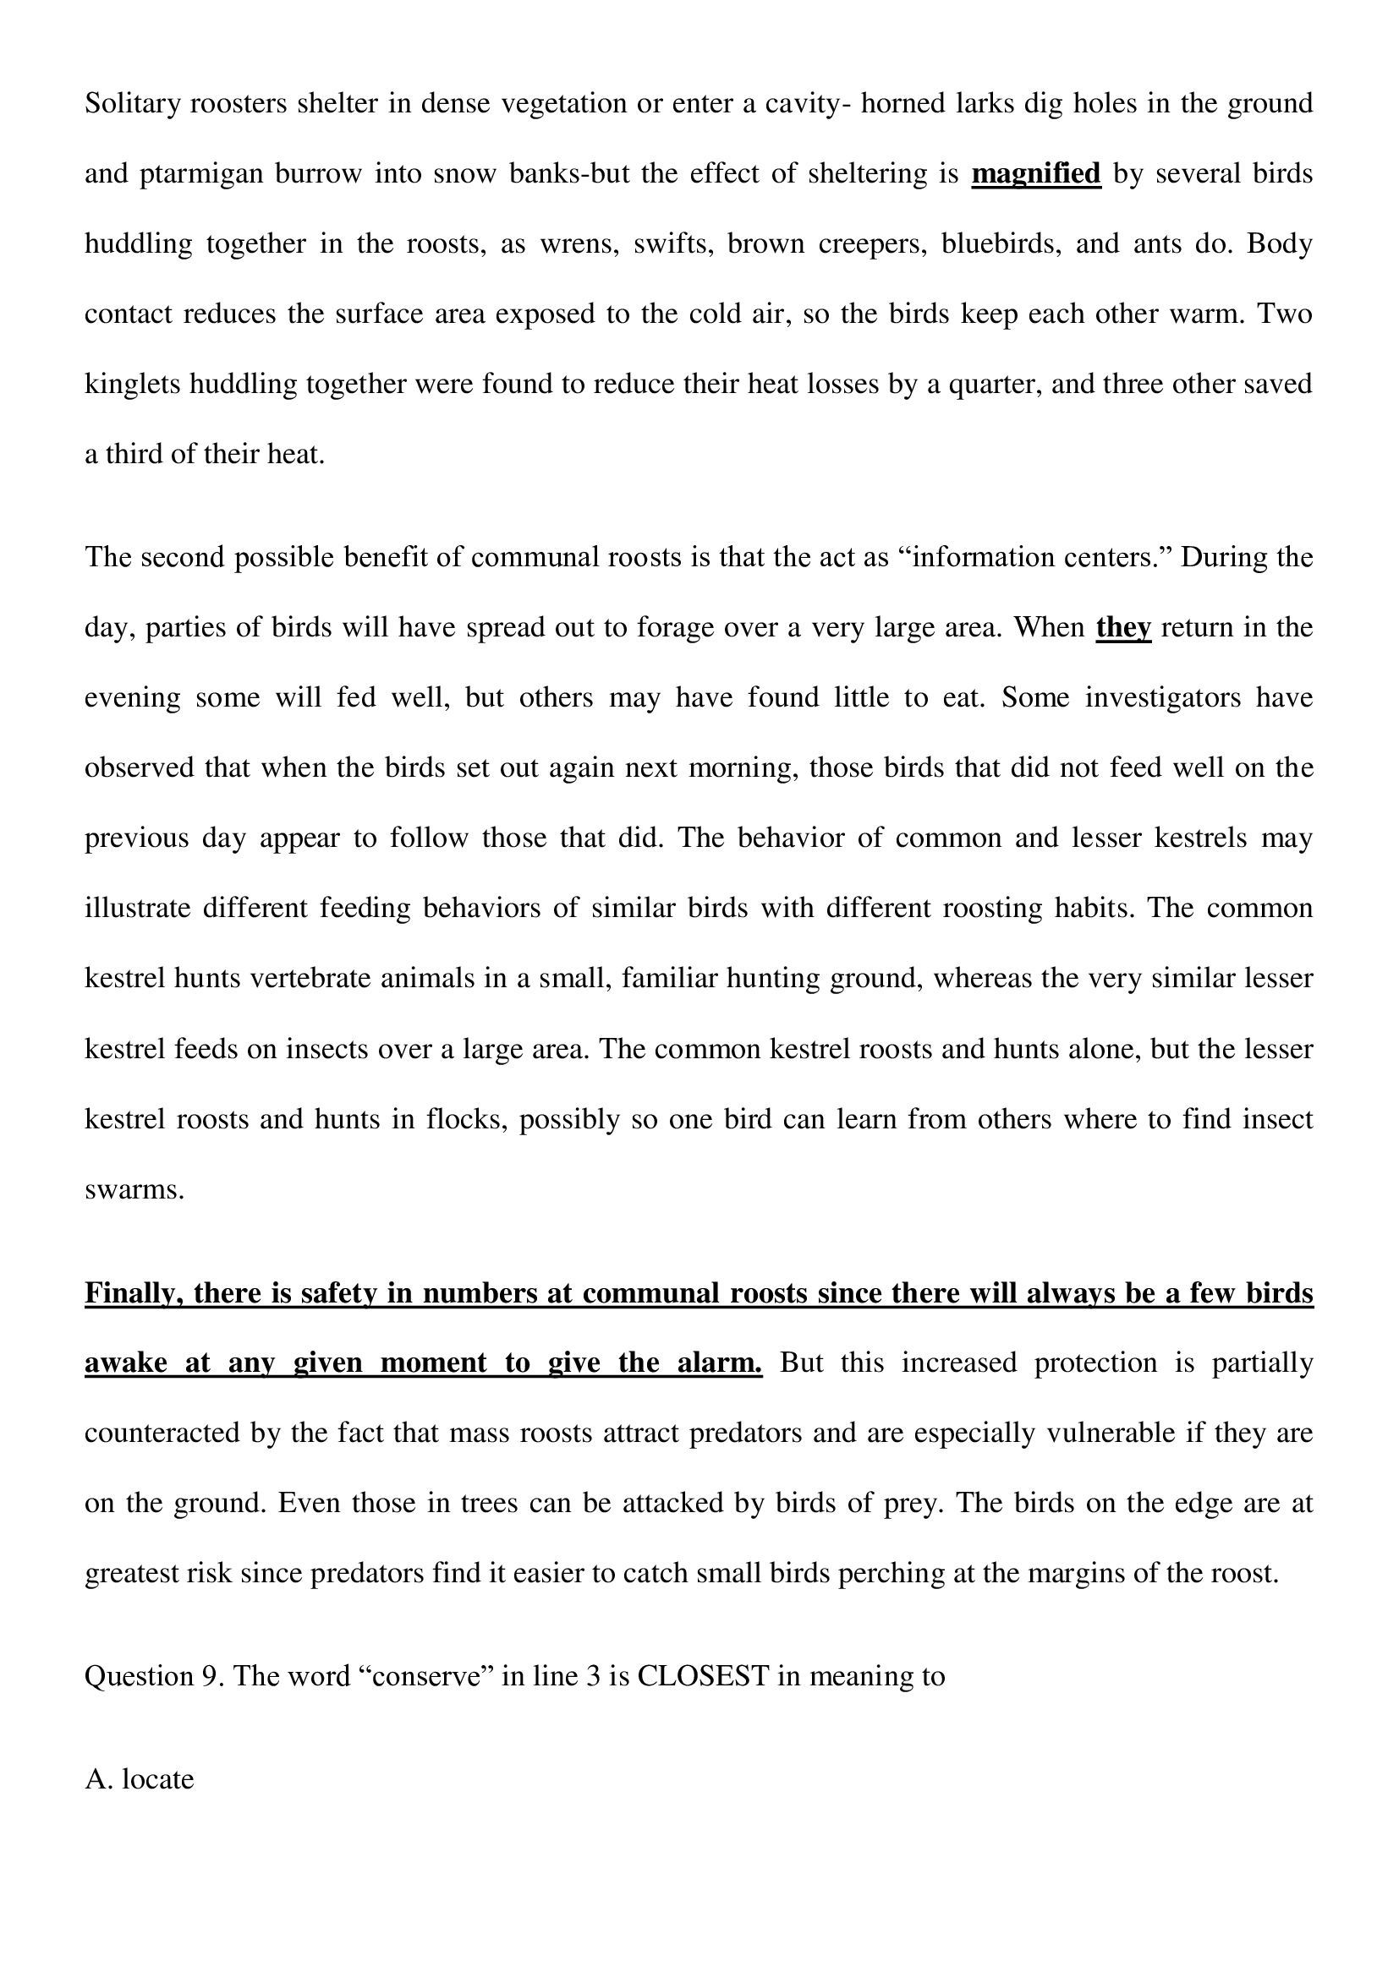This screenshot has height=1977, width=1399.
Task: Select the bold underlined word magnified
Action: (1035, 174)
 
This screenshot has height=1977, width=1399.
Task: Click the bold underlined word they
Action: (1122, 628)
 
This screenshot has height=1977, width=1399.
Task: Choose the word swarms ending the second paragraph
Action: (134, 1189)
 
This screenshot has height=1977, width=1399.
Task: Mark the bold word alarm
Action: (719, 1363)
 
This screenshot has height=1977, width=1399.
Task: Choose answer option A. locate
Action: (140, 1779)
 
